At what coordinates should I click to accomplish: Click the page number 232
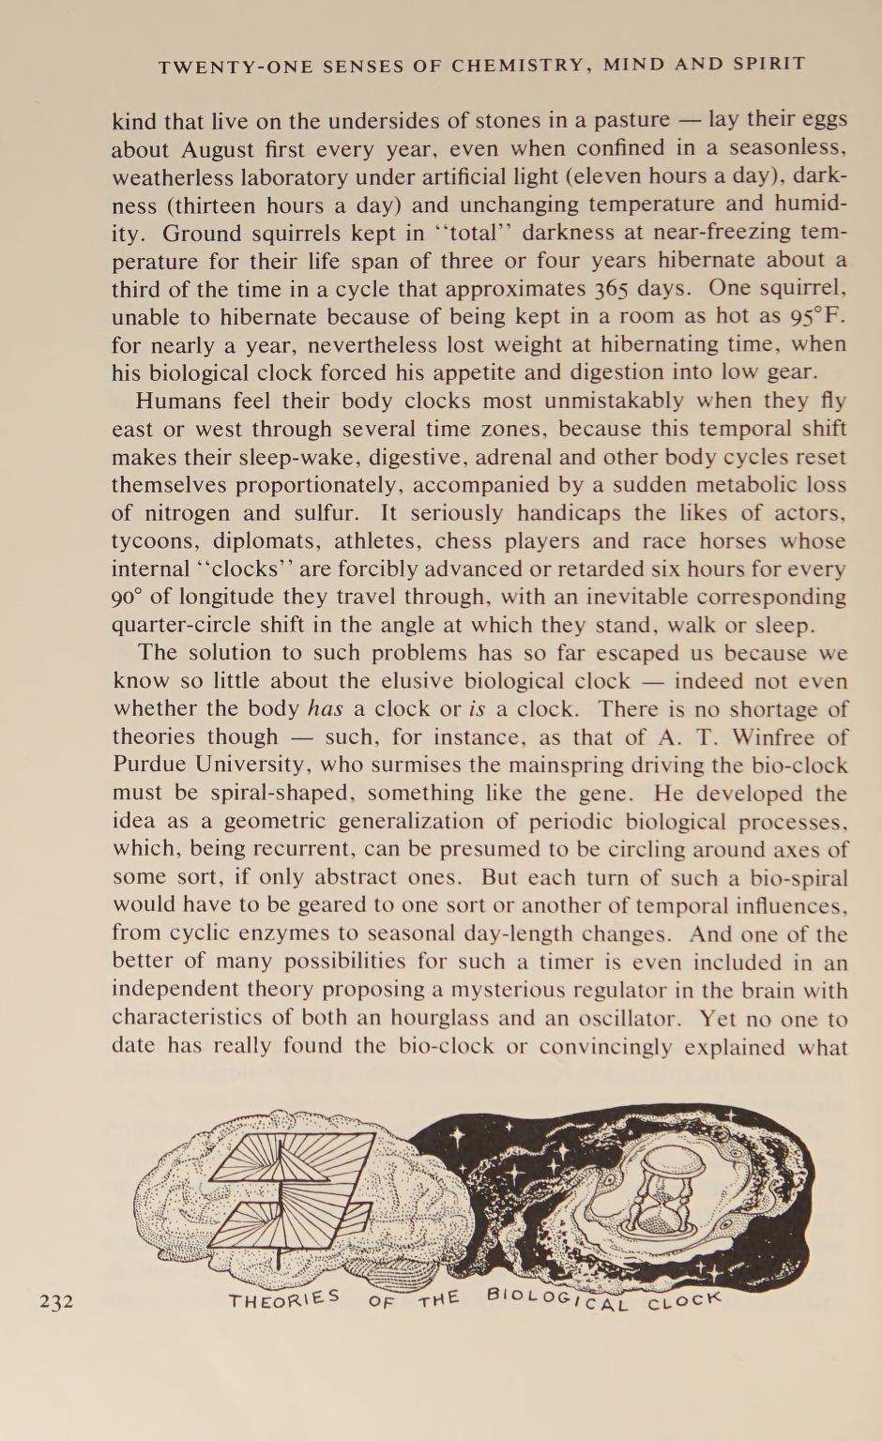[56, 1301]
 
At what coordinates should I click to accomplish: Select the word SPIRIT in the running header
[769, 65]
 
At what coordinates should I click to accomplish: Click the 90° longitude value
[128, 598]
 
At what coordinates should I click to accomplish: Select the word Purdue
[150, 766]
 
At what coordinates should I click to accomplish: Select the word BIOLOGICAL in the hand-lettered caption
[555, 1300]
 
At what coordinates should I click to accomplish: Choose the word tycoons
[155, 541]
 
